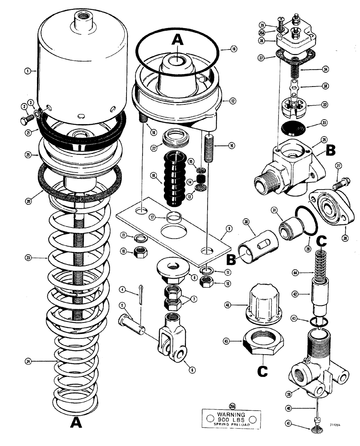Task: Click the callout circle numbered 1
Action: pos(28,70)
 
